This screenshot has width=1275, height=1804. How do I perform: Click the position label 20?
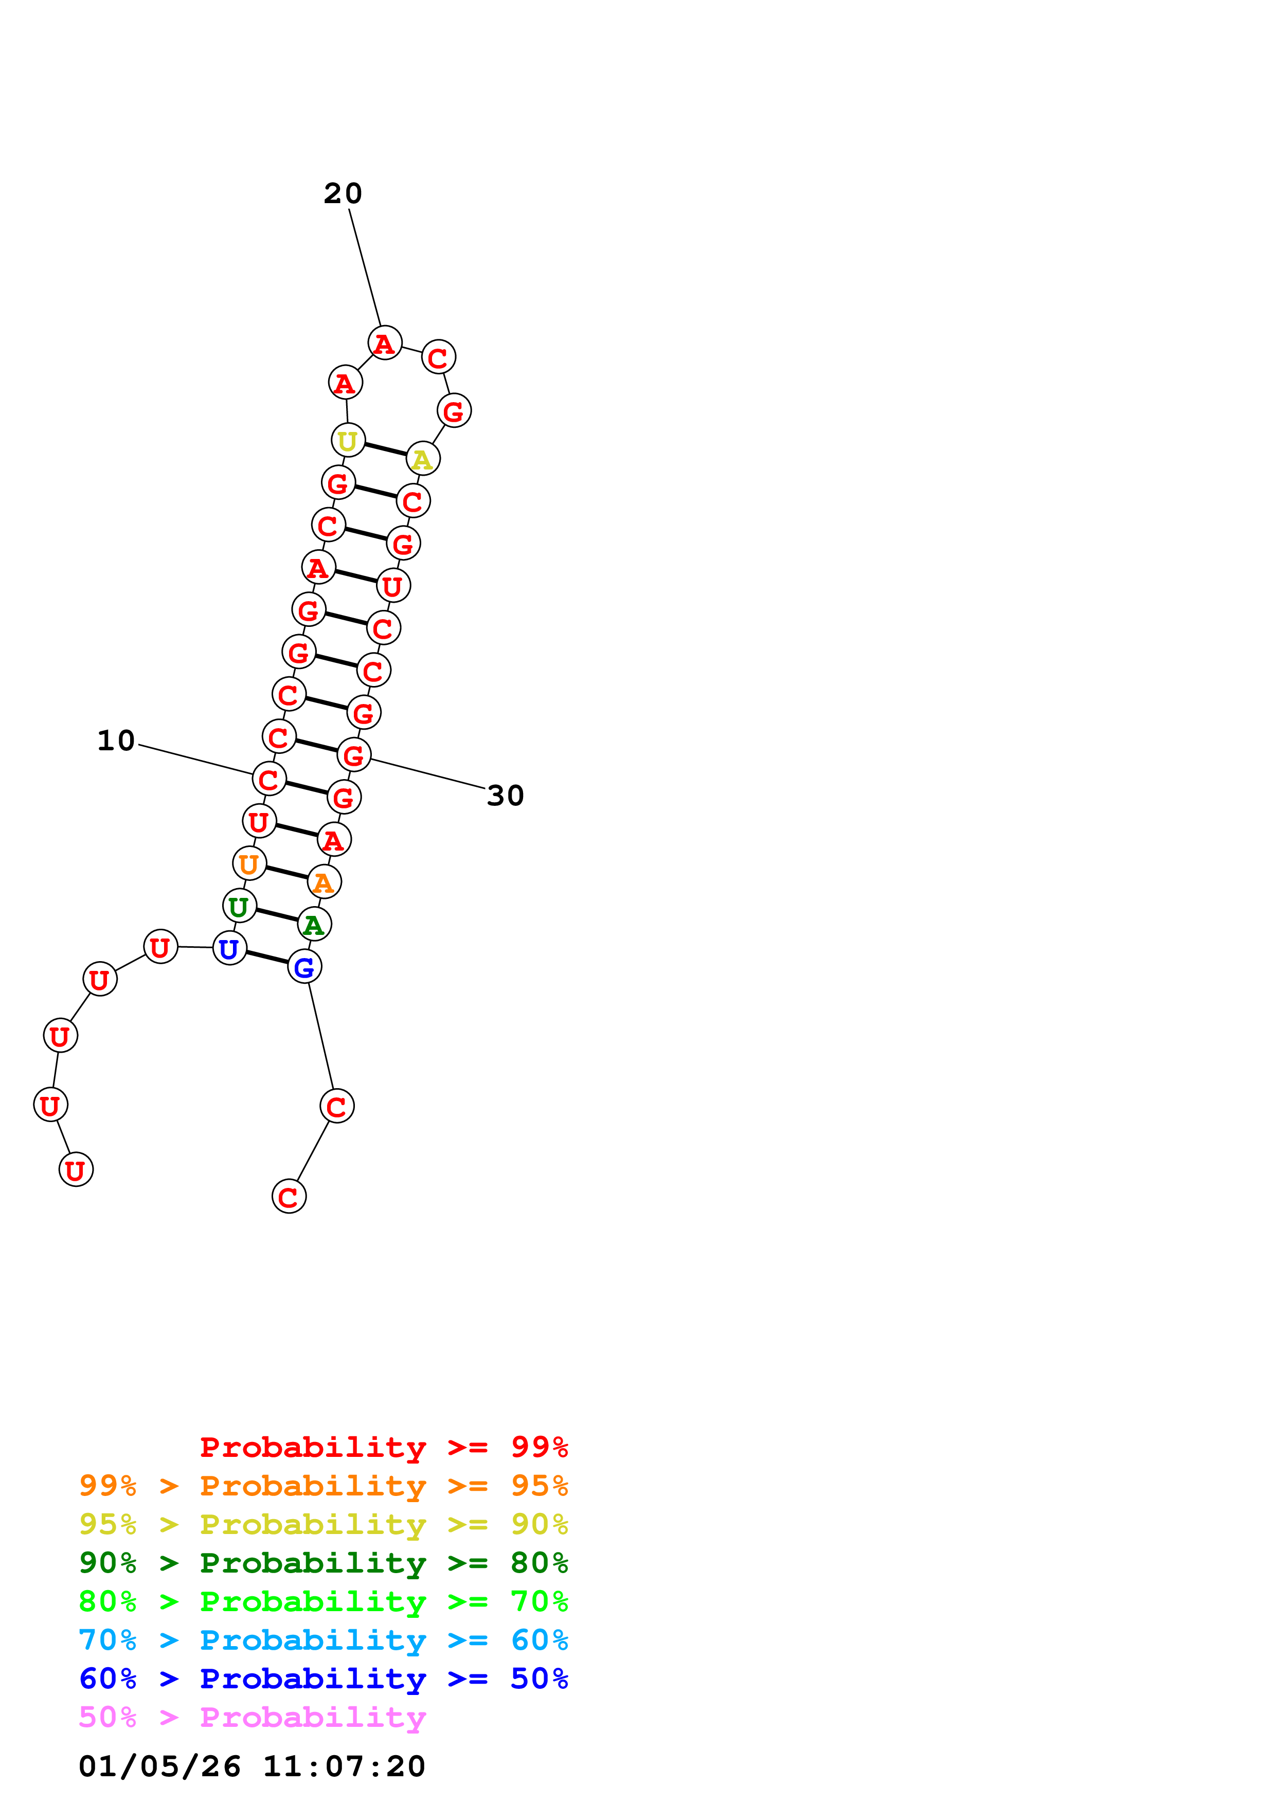click(x=343, y=193)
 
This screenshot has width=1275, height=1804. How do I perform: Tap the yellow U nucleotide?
click(x=348, y=440)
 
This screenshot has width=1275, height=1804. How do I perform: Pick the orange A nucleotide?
click(x=324, y=882)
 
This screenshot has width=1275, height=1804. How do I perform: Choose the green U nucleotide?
click(x=239, y=906)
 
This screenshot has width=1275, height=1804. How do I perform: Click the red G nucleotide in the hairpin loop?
click(x=454, y=410)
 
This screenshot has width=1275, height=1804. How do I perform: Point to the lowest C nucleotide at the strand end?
click(x=289, y=1197)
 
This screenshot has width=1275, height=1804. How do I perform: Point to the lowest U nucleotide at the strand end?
click(x=76, y=1170)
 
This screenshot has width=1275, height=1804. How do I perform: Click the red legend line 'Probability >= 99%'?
click(x=383, y=1447)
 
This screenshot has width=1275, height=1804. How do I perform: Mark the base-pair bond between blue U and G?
click(x=267, y=958)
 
